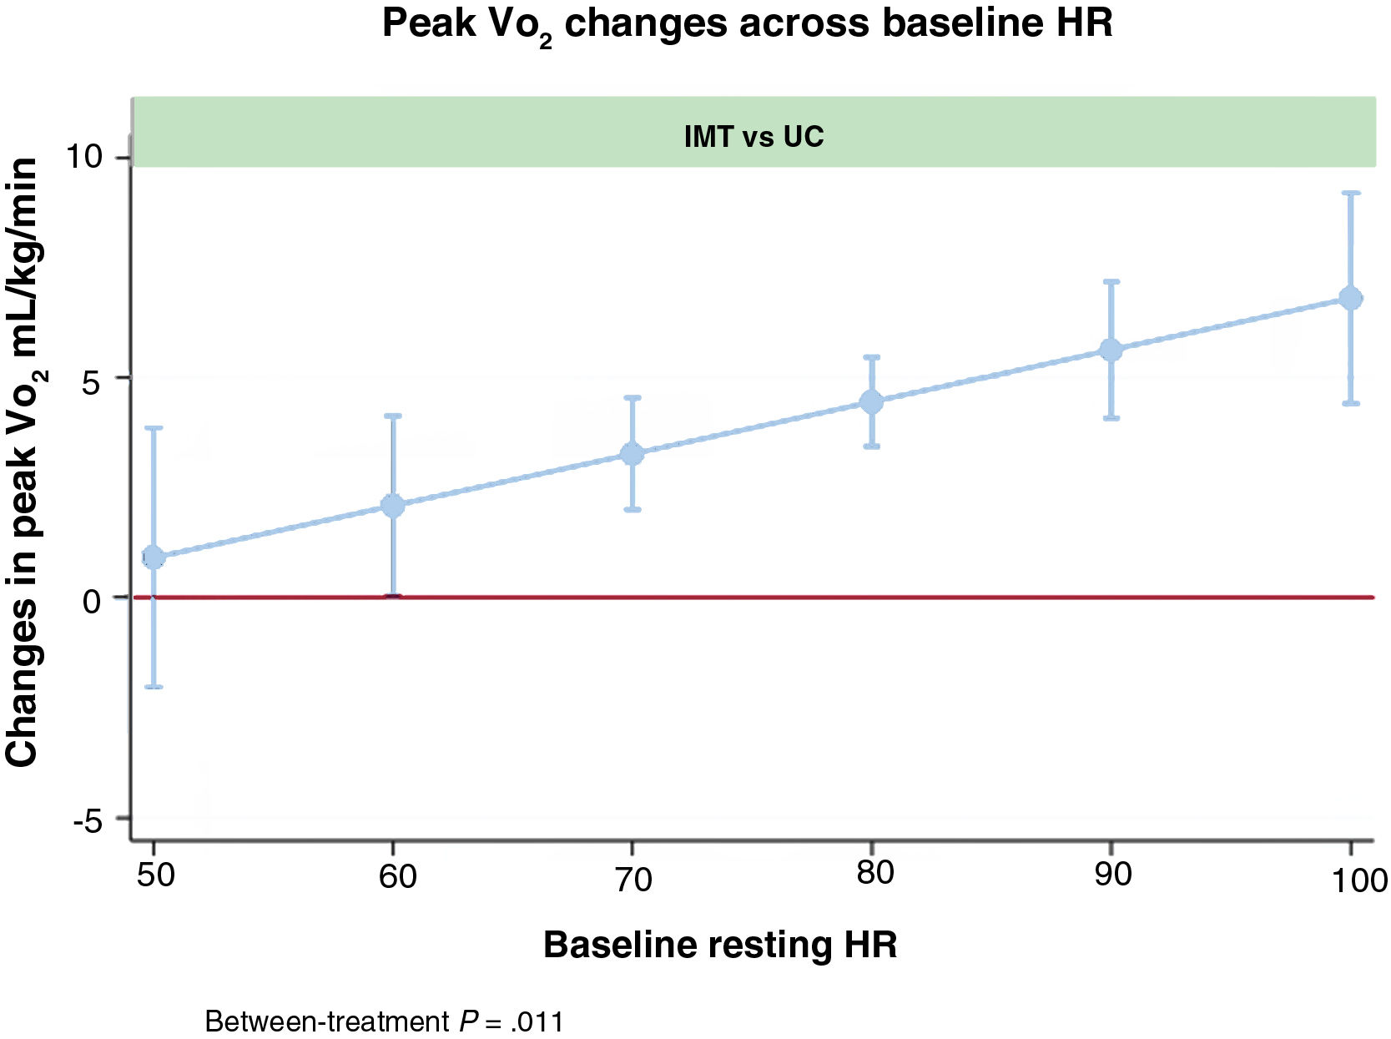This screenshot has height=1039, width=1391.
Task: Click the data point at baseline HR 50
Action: pos(154,557)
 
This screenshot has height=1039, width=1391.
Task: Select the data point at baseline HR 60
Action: pos(393,505)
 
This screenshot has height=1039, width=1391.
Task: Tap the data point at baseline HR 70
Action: pos(633,454)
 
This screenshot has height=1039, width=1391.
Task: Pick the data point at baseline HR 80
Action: pos(871,402)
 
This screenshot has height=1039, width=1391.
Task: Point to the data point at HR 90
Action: pos(1111,350)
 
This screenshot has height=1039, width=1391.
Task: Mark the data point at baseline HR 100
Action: pos(1350,298)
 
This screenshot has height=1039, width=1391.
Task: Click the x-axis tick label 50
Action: pos(155,875)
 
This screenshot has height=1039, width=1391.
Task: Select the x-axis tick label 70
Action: pos(633,878)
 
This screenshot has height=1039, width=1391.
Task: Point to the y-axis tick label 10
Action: pos(83,156)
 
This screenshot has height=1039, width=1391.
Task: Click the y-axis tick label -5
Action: pos(87,820)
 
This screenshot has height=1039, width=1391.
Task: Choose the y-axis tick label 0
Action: pos(92,599)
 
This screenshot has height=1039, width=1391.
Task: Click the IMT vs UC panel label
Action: pos(753,136)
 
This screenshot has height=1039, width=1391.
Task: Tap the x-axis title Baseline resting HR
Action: pos(720,945)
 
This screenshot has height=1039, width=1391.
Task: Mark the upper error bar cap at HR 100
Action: pos(1350,193)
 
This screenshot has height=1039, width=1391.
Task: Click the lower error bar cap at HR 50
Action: pos(154,687)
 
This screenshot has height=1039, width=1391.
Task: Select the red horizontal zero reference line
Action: pos(751,598)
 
